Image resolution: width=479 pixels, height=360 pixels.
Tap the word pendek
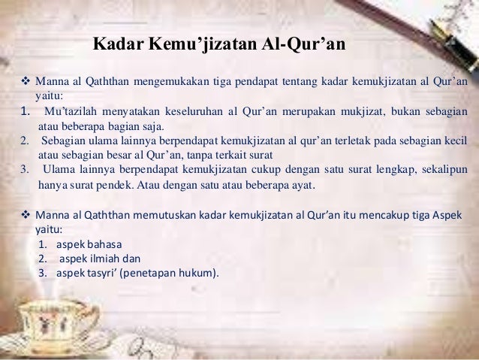(x=116, y=184)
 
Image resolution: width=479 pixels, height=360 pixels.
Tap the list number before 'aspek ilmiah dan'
(x=43, y=258)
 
